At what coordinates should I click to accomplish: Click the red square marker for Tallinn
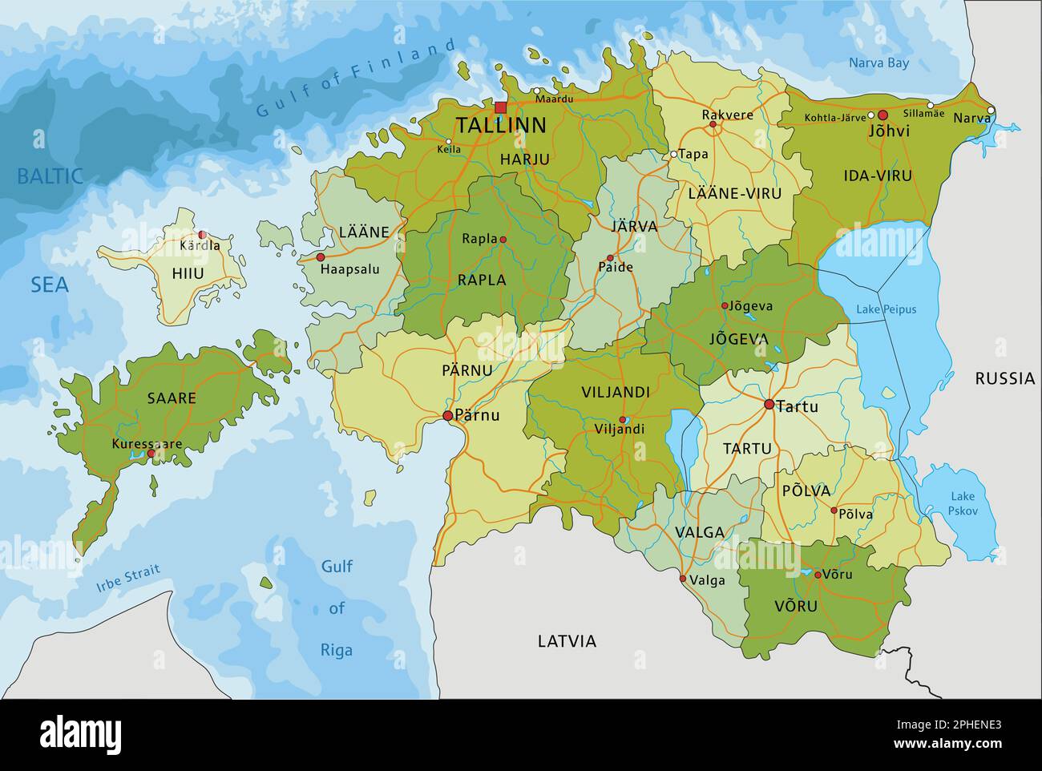pyautogui.click(x=501, y=107)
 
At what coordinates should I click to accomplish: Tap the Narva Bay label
pyautogui.click(x=879, y=63)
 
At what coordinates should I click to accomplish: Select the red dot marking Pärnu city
pyautogui.click(x=447, y=415)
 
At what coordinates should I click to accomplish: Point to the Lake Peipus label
pyautogui.click(x=886, y=309)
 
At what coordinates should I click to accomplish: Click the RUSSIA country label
pyautogui.click(x=1004, y=378)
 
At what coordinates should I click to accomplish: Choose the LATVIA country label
pyautogui.click(x=567, y=641)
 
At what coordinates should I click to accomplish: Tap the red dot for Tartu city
pyautogui.click(x=769, y=405)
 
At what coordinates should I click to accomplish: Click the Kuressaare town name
pyautogui.click(x=147, y=443)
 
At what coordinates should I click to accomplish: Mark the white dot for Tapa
pyautogui.click(x=674, y=154)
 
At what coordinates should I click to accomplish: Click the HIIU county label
pyautogui.click(x=188, y=273)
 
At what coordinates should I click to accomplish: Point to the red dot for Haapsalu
pyautogui.click(x=321, y=257)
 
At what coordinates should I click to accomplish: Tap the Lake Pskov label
pyautogui.click(x=962, y=503)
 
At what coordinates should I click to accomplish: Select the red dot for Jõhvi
pyautogui.click(x=882, y=115)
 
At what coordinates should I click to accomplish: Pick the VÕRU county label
pyautogui.click(x=796, y=606)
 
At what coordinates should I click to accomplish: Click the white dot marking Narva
pyautogui.click(x=991, y=111)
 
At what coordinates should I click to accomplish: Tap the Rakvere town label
pyautogui.click(x=727, y=115)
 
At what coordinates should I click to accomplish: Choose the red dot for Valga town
pyautogui.click(x=682, y=579)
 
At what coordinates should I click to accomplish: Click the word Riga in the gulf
pyautogui.click(x=337, y=650)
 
